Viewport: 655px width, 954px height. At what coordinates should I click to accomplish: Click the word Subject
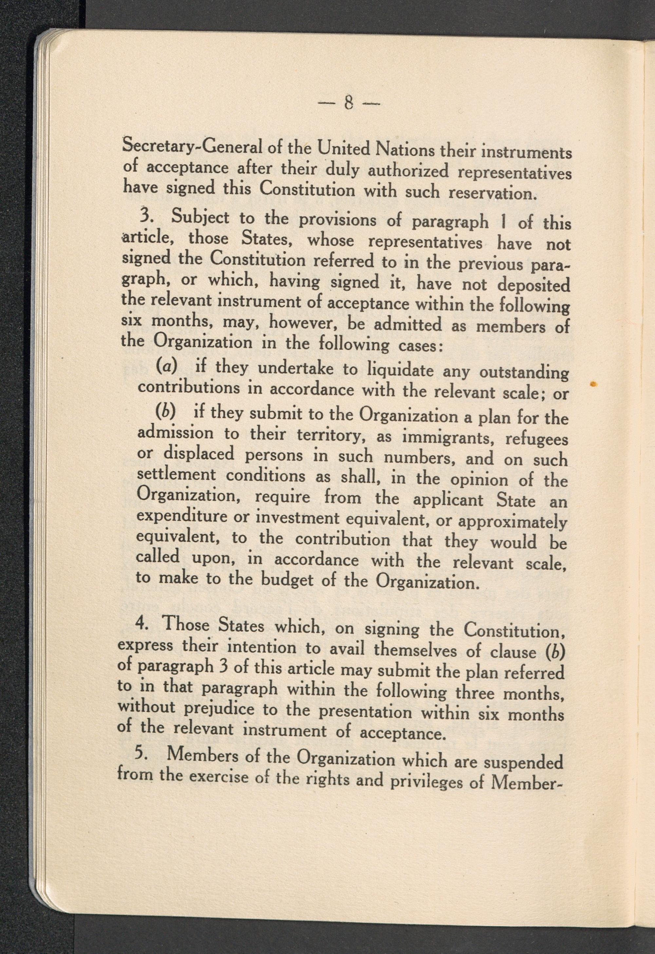tap(200, 218)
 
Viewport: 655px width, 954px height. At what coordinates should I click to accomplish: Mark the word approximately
tap(512, 522)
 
